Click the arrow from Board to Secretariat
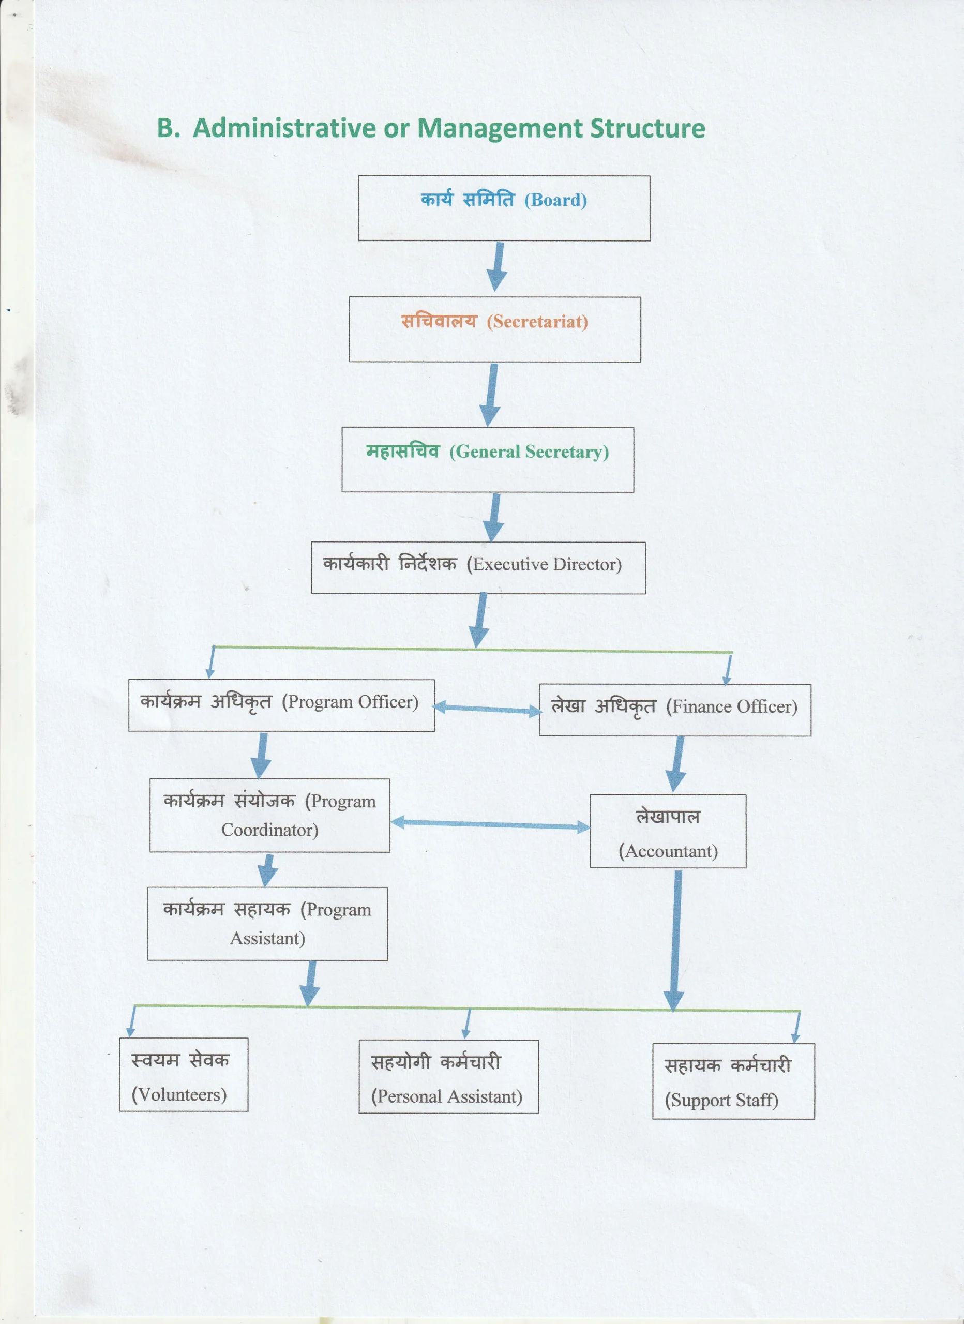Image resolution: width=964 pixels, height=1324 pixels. click(x=498, y=267)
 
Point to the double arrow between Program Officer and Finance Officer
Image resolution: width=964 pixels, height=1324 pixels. click(x=488, y=709)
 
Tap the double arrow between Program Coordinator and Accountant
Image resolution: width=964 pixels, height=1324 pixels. click(x=490, y=824)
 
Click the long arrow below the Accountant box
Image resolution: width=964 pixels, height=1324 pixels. click(x=675, y=940)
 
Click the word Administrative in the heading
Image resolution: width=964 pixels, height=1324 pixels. click(x=284, y=128)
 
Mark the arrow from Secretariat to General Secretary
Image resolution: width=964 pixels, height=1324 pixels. click(x=491, y=395)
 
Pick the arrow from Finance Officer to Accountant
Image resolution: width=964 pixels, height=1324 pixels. click(x=677, y=764)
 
